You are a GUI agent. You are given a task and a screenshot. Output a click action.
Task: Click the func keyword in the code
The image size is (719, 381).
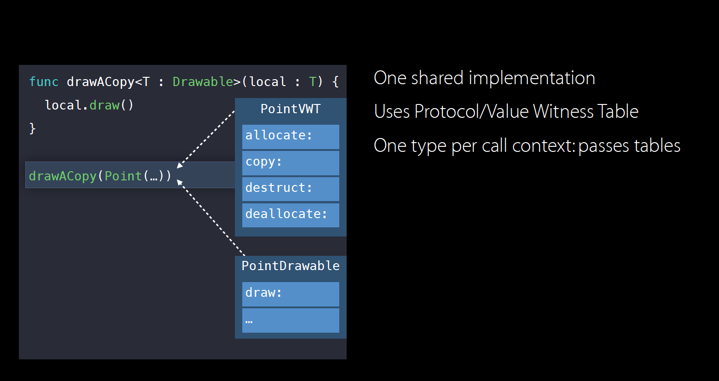coord(44,81)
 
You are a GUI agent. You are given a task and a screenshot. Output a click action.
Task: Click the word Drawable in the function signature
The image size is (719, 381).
coord(203,81)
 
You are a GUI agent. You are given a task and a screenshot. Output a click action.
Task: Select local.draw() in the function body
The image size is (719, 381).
coord(89,105)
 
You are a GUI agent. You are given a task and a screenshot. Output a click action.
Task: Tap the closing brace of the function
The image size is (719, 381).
coord(32,128)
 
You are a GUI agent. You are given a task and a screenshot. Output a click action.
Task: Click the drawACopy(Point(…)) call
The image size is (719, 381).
coord(100,176)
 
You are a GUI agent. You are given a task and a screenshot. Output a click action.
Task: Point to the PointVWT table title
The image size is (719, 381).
coord(291,109)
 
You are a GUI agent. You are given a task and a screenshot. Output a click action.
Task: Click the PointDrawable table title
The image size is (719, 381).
coord(291,266)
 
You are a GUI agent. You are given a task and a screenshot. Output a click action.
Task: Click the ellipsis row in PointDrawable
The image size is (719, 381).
coord(291,321)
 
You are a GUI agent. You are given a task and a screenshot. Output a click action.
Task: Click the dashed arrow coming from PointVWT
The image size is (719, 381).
coord(206,139)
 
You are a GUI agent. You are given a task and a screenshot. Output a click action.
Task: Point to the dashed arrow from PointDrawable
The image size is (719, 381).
coord(211,218)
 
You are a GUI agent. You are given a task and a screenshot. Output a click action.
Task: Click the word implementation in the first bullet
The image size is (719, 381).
coord(532,78)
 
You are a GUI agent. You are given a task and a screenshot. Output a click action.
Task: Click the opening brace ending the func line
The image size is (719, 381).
coord(336,81)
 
